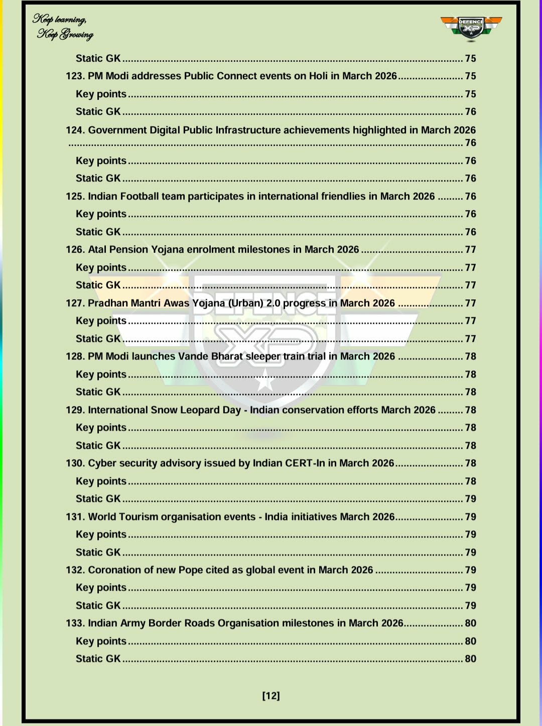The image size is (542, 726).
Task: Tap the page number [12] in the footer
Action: tap(271, 695)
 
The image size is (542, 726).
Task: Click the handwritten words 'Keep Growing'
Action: tap(65, 35)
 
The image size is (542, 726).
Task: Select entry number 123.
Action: tap(75, 76)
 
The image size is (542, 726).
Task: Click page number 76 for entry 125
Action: tap(470, 197)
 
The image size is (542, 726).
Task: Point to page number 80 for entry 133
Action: tap(470, 623)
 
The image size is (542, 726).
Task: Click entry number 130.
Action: tap(75, 463)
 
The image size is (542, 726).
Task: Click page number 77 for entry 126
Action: tap(470, 250)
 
